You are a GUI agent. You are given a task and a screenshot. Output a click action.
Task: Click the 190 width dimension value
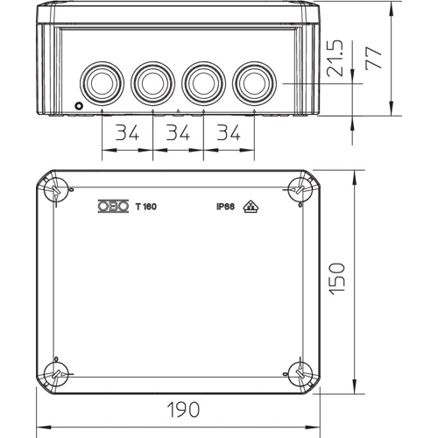[x=183, y=409]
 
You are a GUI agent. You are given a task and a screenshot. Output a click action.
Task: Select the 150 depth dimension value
[x=336, y=279]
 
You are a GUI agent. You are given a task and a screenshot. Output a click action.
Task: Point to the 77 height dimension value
[x=373, y=58]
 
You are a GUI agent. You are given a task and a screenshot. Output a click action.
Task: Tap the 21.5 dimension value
[x=335, y=59]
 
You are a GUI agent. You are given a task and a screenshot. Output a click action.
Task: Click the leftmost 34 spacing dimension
[x=127, y=132]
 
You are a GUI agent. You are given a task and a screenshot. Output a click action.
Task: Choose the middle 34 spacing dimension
[x=178, y=132]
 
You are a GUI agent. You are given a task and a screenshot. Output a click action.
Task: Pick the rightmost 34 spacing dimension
[x=229, y=132]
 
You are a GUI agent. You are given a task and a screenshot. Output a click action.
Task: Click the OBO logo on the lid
[x=113, y=206]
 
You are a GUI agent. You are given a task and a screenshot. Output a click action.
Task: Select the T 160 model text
[x=146, y=207]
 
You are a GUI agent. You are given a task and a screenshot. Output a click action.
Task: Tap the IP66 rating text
[x=225, y=207]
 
